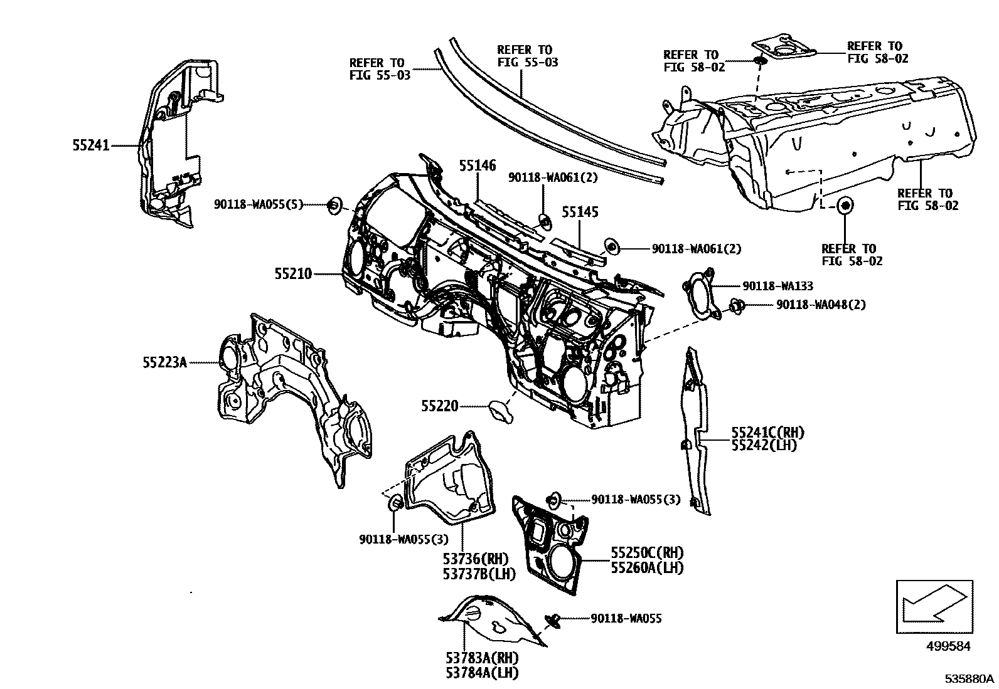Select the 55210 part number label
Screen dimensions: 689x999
(x=292, y=274)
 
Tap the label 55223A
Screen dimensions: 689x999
(x=164, y=362)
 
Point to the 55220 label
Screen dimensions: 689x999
(x=440, y=407)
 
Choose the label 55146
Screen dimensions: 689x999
(x=477, y=166)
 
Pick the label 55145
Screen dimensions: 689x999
(x=580, y=213)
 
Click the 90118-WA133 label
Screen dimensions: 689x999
(x=777, y=287)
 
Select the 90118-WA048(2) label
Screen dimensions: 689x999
(x=821, y=305)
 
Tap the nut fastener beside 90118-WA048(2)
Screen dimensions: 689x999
(x=737, y=307)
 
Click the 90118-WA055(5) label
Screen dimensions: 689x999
(x=259, y=204)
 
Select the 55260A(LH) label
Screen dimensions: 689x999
(x=647, y=568)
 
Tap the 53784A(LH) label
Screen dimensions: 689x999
(x=482, y=673)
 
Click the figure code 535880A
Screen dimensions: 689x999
(x=970, y=679)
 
